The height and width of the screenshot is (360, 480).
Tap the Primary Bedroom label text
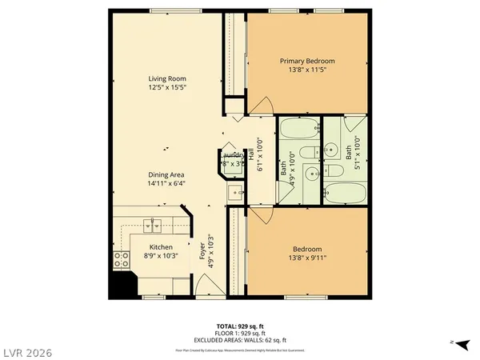tap(306, 61)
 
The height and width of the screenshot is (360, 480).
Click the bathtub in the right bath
tap(346, 193)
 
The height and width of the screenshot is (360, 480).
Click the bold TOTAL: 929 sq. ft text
tap(239, 326)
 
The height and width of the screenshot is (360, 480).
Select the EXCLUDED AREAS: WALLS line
tap(239, 341)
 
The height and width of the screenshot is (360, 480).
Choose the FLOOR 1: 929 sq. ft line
tap(239, 334)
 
